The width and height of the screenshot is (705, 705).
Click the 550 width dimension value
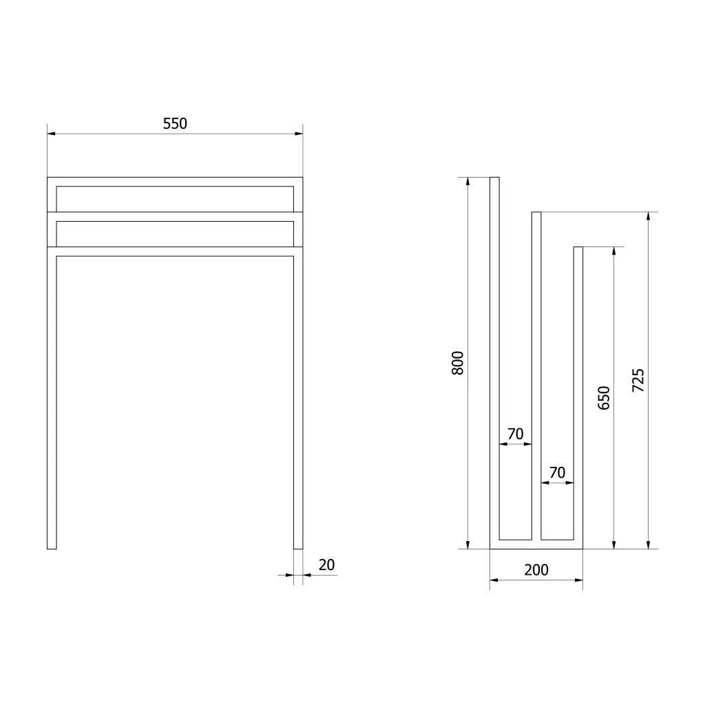click(175, 123)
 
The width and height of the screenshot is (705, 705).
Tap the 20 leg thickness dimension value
click(327, 565)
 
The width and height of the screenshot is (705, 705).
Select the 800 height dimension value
click(457, 363)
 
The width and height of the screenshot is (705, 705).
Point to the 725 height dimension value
click(638, 380)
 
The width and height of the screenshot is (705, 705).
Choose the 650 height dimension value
click(604, 398)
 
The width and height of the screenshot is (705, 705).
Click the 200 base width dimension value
click(536, 570)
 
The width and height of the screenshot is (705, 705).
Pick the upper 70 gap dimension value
click(516, 434)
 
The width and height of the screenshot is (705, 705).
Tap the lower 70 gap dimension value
click(558, 472)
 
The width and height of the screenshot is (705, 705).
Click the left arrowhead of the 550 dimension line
click(51, 134)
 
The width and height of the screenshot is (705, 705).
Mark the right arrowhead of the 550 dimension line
click(299, 134)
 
